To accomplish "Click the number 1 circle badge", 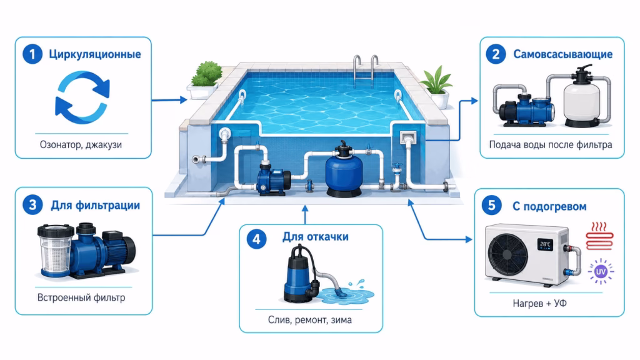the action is tap(32, 54).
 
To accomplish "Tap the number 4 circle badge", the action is tap(256, 239).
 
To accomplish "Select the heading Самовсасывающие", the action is tap(563, 54).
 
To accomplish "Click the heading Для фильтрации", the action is tap(96, 205).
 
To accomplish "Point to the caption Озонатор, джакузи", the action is tap(81, 145).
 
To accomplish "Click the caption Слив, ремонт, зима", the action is tap(310, 320).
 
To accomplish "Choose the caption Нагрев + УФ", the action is tap(539, 304).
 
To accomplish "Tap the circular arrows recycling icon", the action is tap(82, 97).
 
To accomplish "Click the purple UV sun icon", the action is tap(601, 271).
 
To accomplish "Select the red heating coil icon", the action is tap(599, 236).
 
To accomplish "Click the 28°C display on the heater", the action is tap(545, 244).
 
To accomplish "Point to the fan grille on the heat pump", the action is tap(507, 253).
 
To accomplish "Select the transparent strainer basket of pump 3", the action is tap(56, 250).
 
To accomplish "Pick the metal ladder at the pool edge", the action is tap(365, 71).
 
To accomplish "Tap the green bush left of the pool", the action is tap(207, 74).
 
